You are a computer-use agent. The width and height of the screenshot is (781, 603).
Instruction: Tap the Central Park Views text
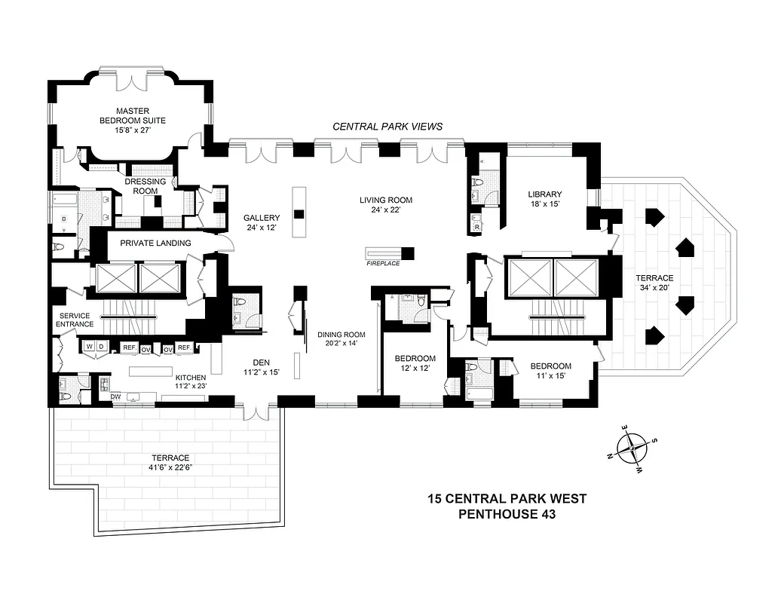pyautogui.click(x=387, y=127)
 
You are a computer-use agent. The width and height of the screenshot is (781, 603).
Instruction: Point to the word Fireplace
pyautogui.click(x=382, y=263)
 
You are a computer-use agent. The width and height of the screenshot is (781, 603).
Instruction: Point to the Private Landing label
pyautogui.click(x=155, y=243)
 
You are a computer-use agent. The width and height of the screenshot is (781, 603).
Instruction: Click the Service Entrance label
pyautogui.click(x=73, y=320)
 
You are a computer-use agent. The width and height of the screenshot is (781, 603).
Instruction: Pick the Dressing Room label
pyautogui.click(x=141, y=186)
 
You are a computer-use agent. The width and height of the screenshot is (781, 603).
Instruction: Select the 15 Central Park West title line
pyautogui.click(x=507, y=498)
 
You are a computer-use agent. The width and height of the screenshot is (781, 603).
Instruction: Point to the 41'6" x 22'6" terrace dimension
pyautogui.click(x=168, y=467)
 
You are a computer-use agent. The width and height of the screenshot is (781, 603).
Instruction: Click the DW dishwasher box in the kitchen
pyautogui.click(x=116, y=396)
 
